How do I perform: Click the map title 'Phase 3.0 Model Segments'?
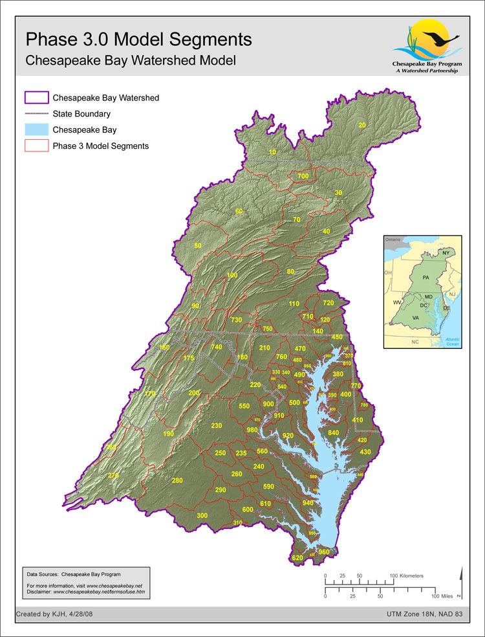(138, 39)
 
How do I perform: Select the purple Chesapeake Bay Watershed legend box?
(37, 98)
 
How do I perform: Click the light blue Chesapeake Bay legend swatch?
(37, 129)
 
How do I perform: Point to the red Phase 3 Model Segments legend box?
(37, 146)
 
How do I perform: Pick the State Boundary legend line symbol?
(37, 114)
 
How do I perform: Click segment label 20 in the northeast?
(361, 125)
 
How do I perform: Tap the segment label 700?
(303, 176)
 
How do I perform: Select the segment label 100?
(232, 275)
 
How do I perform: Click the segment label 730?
(236, 320)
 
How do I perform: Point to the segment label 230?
(217, 425)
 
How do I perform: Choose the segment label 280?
(177, 480)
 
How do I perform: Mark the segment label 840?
(334, 432)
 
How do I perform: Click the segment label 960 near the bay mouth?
(324, 552)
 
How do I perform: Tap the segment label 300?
(202, 515)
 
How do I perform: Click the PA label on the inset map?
(426, 277)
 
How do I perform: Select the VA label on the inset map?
(416, 318)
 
